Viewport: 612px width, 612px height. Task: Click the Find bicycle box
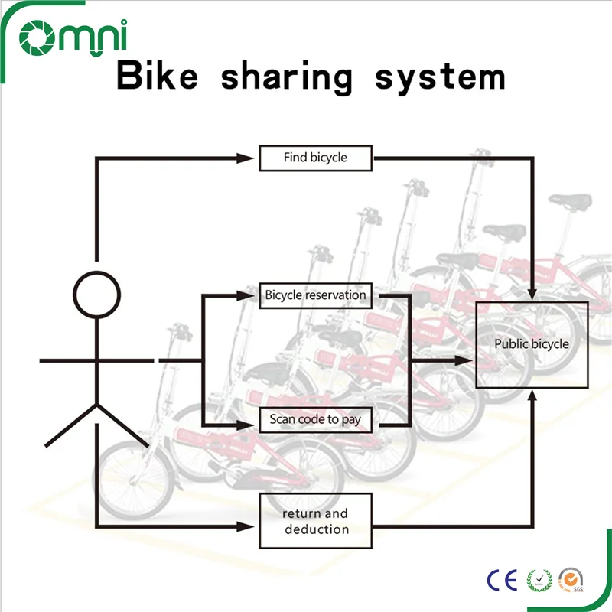tap(315, 158)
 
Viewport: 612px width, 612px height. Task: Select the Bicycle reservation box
tap(315, 296)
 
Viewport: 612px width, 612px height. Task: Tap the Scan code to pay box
tap(315, 420)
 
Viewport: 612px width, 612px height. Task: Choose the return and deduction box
tap(315, 521)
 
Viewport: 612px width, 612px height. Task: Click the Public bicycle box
tap(532, 344)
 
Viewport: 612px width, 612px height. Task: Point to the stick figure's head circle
tap(97, 294)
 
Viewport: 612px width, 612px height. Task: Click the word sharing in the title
tap(287, 78)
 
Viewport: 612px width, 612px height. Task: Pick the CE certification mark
tap(502, 579)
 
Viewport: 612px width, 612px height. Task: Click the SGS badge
tap(571, 580)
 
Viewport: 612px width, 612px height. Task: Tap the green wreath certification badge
tap(539, 580)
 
